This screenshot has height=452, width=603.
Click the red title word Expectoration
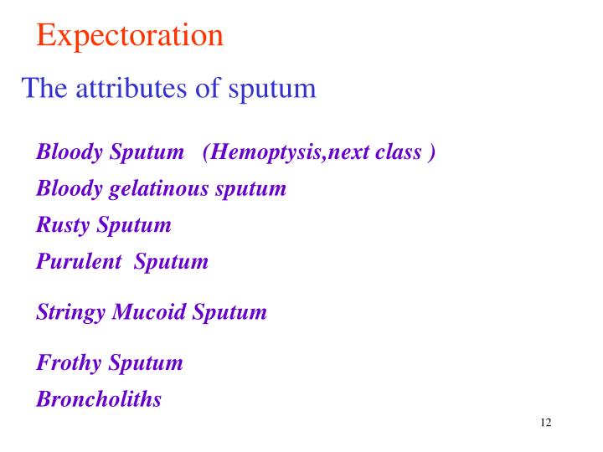click(x=130, y=35)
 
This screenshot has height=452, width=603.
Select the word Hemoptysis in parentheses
click(x=265, y=153)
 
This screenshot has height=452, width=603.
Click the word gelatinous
click(x=159, y=189)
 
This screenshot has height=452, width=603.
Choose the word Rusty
click(x=64, y=225)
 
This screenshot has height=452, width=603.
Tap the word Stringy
click(x=71, y=313)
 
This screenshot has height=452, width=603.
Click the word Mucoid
click(x=150, y=312)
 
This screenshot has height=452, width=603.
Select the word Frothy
click(x=69, y=362)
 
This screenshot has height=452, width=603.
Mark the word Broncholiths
click(x=99, y=398)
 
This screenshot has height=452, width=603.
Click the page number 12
click(x=546, y=422)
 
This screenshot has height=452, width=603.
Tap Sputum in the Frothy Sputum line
click(x=145, y=363)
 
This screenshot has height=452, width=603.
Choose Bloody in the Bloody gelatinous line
click(x=70, y=189)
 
